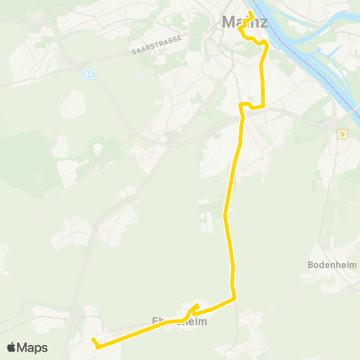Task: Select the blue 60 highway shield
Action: click(88, 74)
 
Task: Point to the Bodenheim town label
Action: click(331, 265)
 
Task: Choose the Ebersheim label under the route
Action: click(179, 321)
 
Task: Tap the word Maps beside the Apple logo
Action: click(32, 347)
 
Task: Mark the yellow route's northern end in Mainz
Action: click(251, 13)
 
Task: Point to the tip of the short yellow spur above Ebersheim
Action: click(196, 304)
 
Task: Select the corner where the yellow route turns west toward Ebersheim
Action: click(235, 298)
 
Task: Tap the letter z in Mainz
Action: click(264, 22)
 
